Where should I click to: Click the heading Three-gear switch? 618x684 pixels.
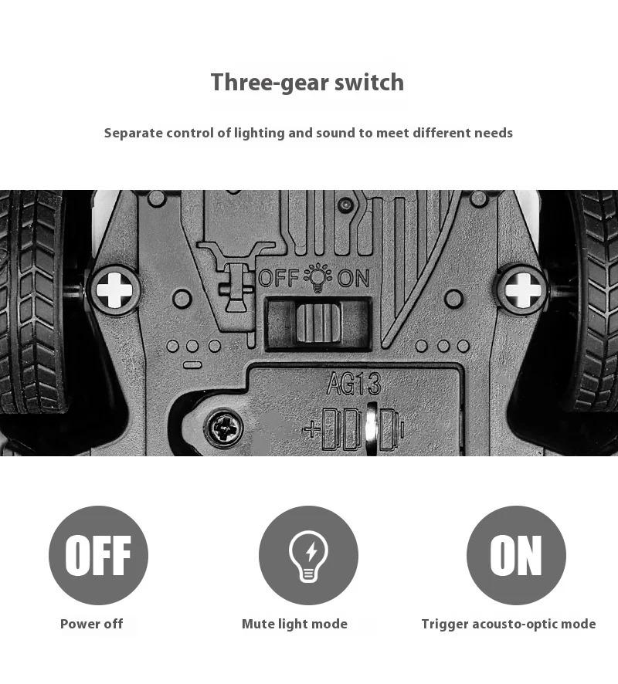point(307,83)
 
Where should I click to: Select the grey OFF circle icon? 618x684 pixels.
point(98,555)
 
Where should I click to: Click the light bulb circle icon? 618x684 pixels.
point(308,555)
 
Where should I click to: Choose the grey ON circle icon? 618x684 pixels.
point(516,555)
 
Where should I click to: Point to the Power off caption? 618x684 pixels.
point(91,624)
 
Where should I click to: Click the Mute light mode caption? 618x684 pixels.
point(294,624)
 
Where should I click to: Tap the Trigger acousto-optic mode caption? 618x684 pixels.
point(508,624)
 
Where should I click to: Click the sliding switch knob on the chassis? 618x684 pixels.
point(318,321)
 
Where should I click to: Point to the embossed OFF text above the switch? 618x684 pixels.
point(278,278)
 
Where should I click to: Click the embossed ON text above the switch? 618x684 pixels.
point(353,278)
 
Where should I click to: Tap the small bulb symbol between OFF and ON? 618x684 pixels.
point(317,277)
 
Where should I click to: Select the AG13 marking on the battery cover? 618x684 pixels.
point(353,384)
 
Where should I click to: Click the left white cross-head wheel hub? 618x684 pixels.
point(115,290)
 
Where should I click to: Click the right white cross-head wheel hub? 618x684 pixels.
point(521,290)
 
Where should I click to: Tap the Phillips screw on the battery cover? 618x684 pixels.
point(223,426)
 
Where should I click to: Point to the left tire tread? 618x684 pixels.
point(31,309)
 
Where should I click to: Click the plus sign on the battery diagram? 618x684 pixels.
point(311,429)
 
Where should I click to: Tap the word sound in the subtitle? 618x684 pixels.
point(355,133)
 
